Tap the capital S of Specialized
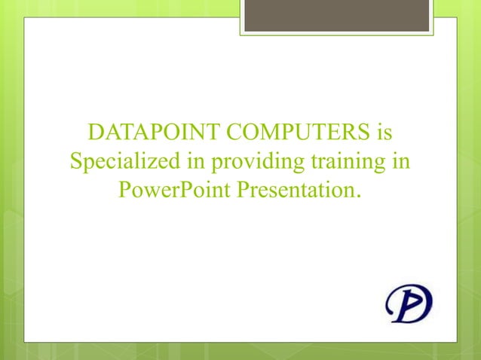[75, 162]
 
